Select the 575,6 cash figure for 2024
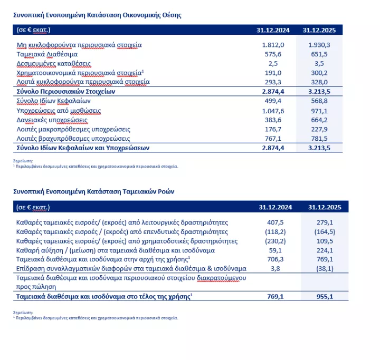click(x=274, y=54)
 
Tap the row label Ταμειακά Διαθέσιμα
click(x=47, y=54)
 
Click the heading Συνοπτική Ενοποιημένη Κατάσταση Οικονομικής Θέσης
click(x=97, y=15)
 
